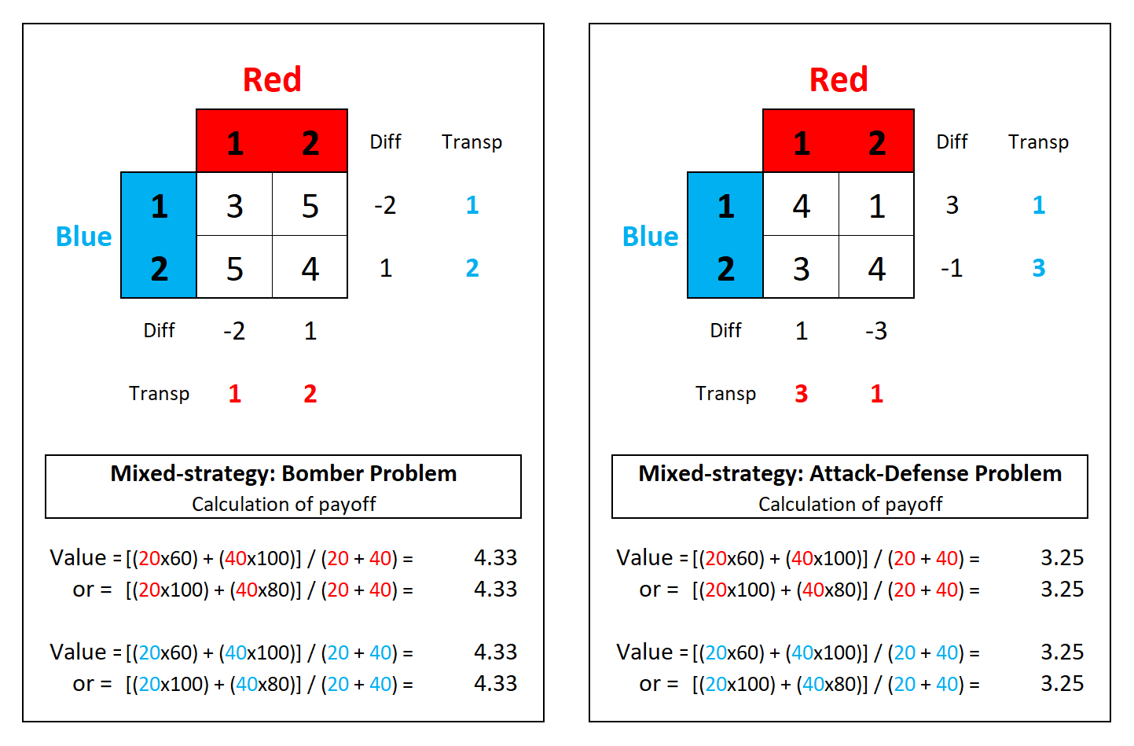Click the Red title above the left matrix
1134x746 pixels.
[x=272, y=79]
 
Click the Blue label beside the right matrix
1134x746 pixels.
[x=650, y=237]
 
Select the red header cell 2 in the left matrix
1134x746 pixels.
[x=310, y=143]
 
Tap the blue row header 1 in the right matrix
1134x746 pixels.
[x=725, y=206]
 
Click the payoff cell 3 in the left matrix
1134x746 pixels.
[x=234, y=206]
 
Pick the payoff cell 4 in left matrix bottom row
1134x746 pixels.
[x=310, y=269]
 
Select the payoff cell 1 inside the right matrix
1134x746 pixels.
[x=877, y=206]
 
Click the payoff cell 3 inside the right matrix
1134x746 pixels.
[x=801, y=269]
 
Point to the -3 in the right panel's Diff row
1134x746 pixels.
[x=876, y=331]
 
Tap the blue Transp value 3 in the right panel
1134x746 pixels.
[x=1038, y=268]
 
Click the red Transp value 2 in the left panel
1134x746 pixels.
[x=310, y=394]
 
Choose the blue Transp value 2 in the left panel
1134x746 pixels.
[x=472, y=268]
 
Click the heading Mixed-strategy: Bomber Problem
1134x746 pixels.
[x=283, y=473]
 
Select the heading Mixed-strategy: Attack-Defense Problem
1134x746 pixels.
[x=850, y=473]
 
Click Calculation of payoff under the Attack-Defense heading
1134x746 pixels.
[x=850, y=504]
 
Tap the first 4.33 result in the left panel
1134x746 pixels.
[x=495, y=557]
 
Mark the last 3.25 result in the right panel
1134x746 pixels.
[x=1062, y=683]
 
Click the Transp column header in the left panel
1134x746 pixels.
[x=472, y=142]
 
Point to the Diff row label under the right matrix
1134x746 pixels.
[x=725, y=331]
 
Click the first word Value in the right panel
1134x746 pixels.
[x=644, y=557]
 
